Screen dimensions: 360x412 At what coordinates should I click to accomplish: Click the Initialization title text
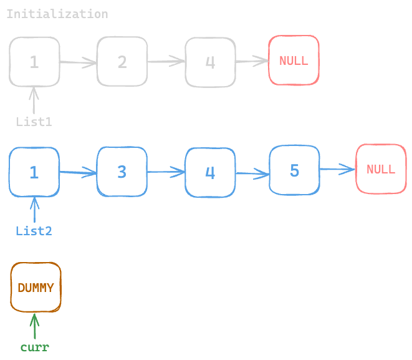57,14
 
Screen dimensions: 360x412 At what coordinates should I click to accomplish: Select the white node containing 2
122,61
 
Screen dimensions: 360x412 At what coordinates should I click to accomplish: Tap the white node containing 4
210,62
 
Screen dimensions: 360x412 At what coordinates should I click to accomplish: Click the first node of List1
34,61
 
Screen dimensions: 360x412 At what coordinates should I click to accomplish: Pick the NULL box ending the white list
294,60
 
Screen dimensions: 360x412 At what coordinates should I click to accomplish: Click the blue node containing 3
122,172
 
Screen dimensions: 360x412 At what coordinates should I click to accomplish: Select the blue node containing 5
294,170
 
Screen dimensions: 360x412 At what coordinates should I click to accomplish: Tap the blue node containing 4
210,172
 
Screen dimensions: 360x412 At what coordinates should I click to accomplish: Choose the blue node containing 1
34,172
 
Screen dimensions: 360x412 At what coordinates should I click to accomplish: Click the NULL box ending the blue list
380,168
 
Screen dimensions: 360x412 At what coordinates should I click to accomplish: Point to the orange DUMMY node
36,287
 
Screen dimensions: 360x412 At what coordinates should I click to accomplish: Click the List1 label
34,122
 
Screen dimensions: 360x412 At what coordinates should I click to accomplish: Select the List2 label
34,231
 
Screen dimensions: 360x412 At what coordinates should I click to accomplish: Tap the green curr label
34,348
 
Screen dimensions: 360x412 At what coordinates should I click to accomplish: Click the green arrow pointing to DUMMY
34,326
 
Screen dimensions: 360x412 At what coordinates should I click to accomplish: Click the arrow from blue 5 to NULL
337,168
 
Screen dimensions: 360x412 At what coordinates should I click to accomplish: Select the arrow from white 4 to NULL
252,61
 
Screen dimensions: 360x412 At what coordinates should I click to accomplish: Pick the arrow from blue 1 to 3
78,172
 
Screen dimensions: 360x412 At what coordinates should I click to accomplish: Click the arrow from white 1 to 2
78,62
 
